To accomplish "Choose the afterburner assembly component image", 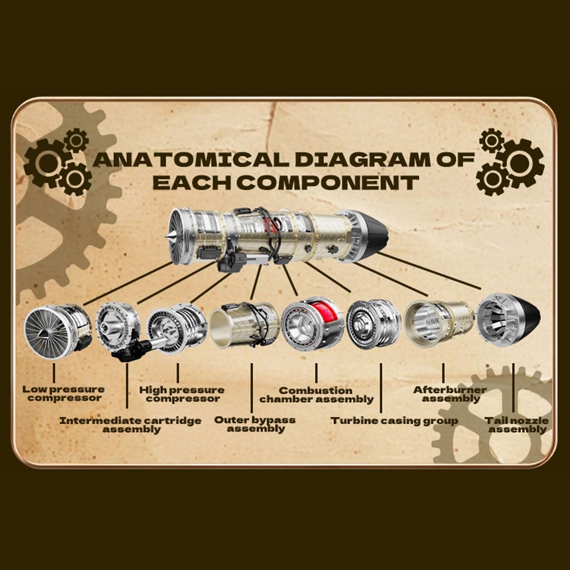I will [439, 328].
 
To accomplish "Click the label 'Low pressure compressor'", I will [64, 393].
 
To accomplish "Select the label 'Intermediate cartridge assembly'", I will [131, 425].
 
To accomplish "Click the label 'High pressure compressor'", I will [182, 394].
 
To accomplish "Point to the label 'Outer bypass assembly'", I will [255, 424].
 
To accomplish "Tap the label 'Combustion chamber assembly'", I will [316, 395].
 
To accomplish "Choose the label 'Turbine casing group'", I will [394, 421].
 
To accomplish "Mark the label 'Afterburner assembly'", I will [450, 394].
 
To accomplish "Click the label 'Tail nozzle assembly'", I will [516, 425].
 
